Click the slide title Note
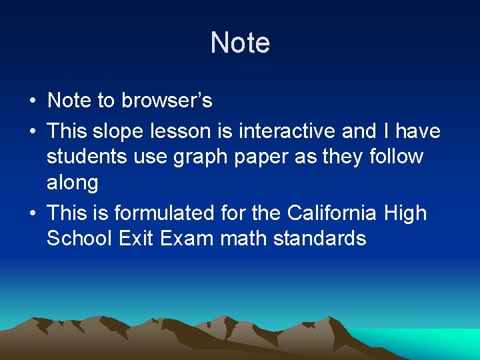coord(240,43)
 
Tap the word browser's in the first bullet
coord(167,101)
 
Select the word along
coord(73,183)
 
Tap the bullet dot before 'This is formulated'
coord(32,214)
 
